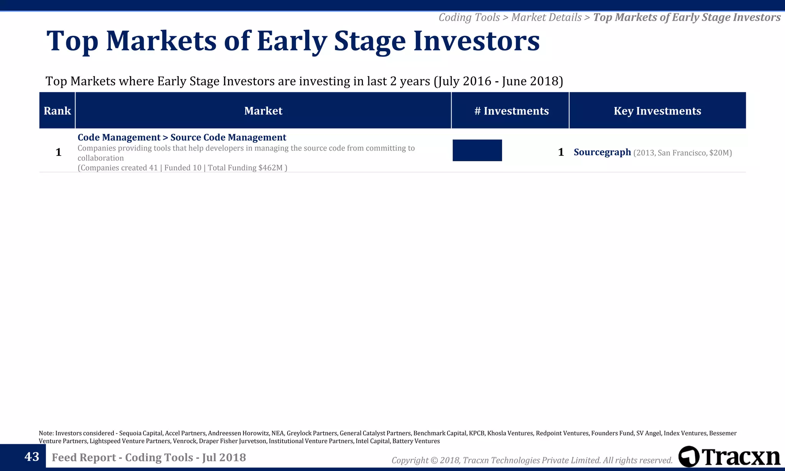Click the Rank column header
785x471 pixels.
tap(57, 111)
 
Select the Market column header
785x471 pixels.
tap(263, 111)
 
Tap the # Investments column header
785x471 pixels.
tap(511, 111)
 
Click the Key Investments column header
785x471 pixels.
tap(657, 111)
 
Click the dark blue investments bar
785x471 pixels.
tap(477, 150)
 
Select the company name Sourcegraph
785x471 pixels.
tap(602, 152)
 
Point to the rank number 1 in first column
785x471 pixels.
tap(58, 152)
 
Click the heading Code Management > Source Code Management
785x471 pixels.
tap(182, 137)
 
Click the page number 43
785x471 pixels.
tap(31, 457)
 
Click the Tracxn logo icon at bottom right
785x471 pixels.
tap(688, 456)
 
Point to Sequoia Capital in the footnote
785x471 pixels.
tap(140, 433)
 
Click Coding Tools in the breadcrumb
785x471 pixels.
tap(469, 17)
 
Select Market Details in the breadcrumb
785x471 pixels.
tap(546, 17)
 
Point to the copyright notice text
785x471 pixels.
tap(532, 460)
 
